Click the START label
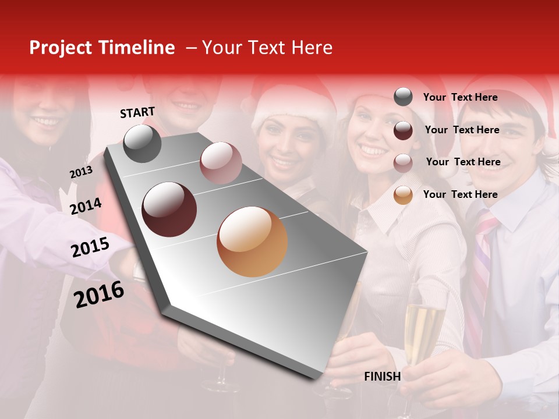pos(137,112)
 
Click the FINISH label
pos(382,377)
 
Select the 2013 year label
pos(81,172)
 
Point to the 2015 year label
pos(90,247)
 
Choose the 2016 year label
pos(98,294)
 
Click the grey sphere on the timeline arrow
pos(142,143)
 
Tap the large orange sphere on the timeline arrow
pos(252,242)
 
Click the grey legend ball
pos(403,97)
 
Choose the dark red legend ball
pos(403,130)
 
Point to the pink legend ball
pos(403,163)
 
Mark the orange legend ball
pos(403,196)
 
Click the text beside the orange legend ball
pos(460,194)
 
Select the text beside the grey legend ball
pos(460,97)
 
